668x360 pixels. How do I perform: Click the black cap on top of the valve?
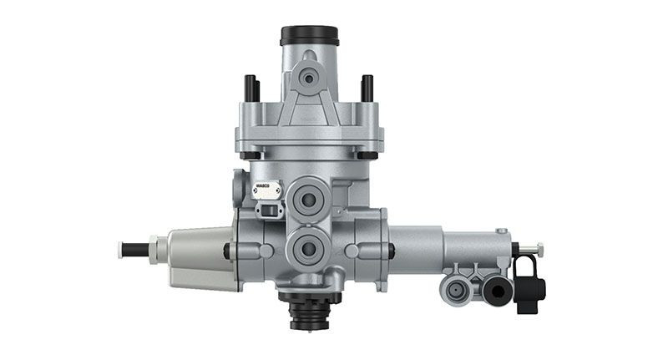pos(309,36)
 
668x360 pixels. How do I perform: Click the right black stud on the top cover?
pos(367,87)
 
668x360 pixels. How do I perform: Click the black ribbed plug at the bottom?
pos(308,315)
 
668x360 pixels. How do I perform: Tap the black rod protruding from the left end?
pos(134,249)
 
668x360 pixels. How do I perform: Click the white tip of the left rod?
pos(122,249)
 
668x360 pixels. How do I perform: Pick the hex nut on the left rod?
pos(154,249)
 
